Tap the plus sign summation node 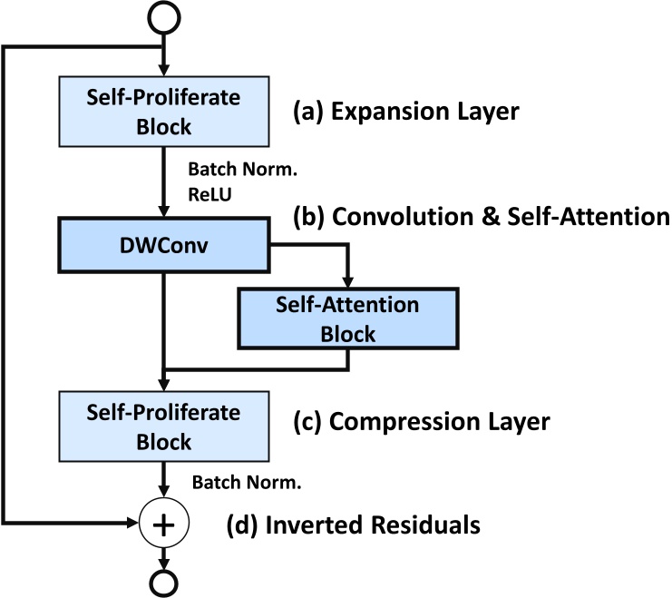click(164, 524)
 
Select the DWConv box click(164, 244)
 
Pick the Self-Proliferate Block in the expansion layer click(164, 111)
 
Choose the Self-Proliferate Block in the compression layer click(164, 426)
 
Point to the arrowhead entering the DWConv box click(164, 211)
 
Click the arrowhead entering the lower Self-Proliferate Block click(164, 385)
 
